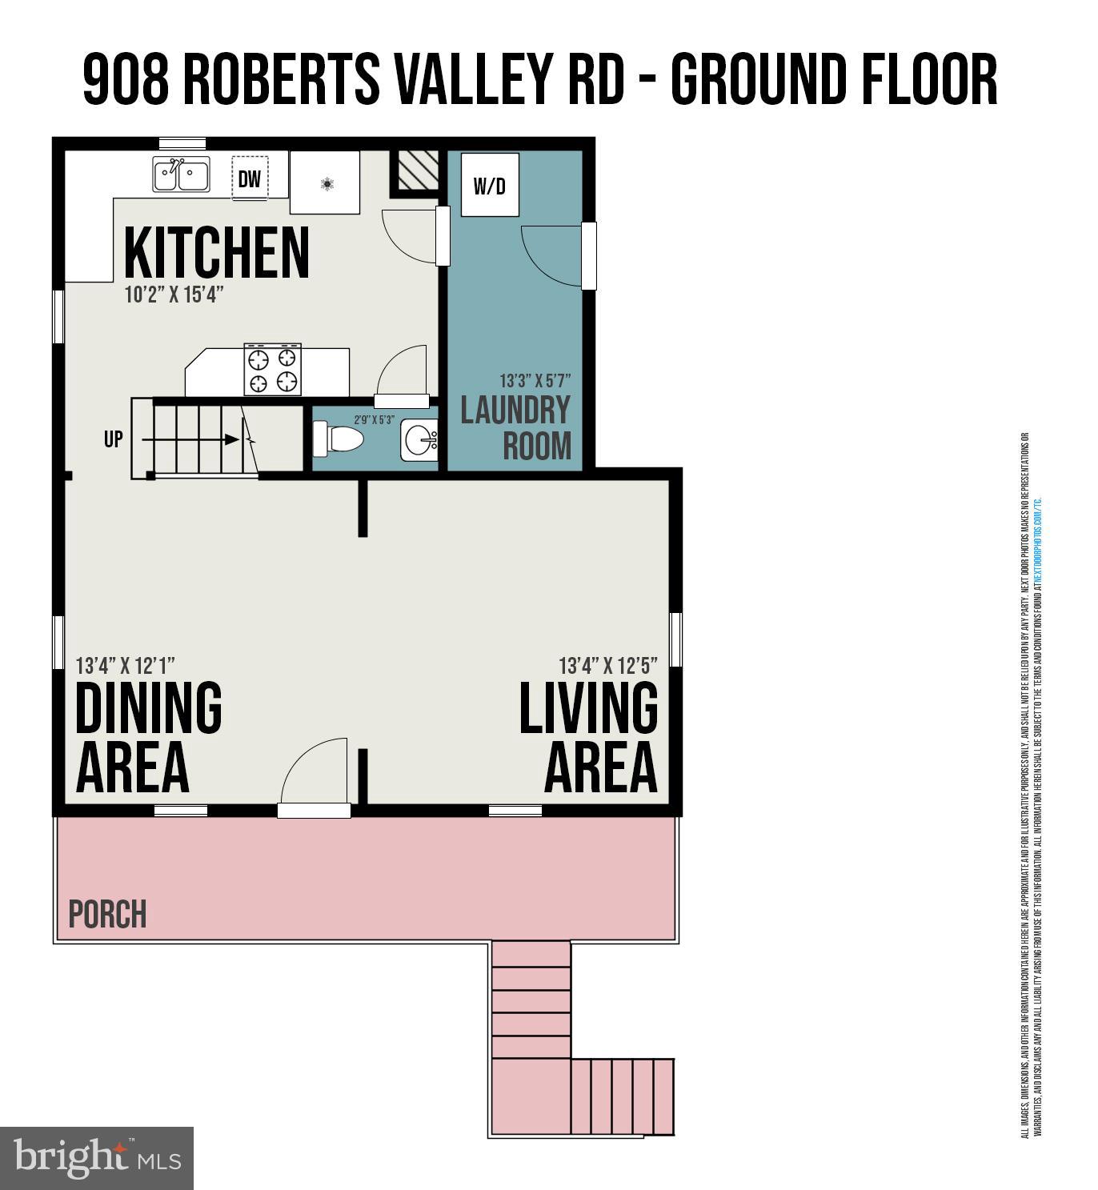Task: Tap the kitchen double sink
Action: point(182,174)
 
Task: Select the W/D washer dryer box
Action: point(490,186)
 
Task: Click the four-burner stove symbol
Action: point(273,370)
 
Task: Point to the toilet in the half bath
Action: point(339,439)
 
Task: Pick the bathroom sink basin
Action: point(420,440)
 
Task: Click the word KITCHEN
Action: point(216,253)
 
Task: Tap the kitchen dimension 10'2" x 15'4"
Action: point(174,294)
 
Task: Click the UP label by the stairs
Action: point(114,439)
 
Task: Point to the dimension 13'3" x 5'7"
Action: point(535,381)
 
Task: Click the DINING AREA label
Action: point(149,737)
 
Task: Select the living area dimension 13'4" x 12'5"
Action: point(608,666)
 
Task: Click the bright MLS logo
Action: point(97,1158)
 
